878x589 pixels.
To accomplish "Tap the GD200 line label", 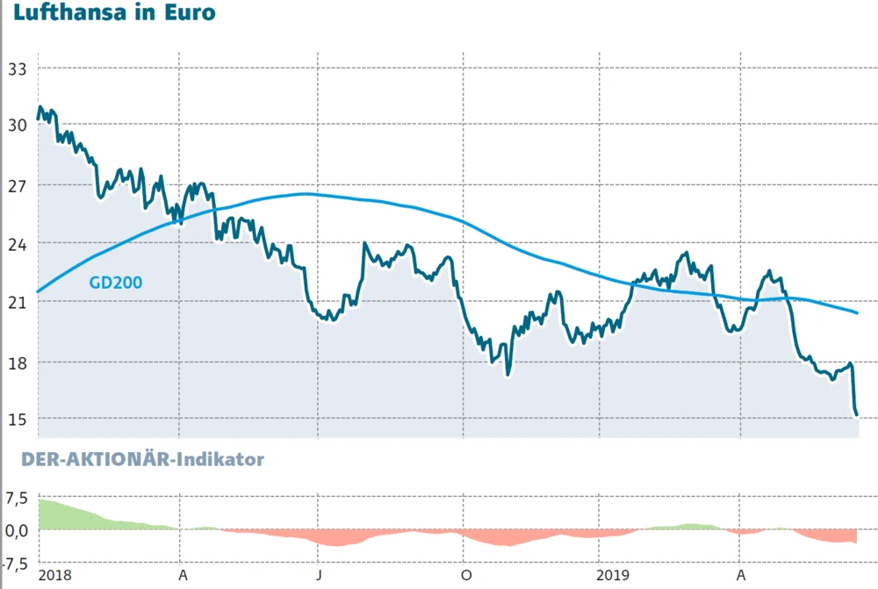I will pyautogui.click(x=115, y=282).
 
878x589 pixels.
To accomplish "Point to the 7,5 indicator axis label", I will pyautogui.click(x=18, y=499).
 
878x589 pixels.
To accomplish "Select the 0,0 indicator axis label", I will pyautogui.click(x=18, y=529).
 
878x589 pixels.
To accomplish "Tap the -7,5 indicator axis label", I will pyautogui.click(x=16, y=562).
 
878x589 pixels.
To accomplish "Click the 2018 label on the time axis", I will pyautogui.click(x=55, y=575).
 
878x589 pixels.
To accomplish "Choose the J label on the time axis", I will pyautogui.click(x=320, y=575).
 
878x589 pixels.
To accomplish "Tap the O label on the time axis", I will pyautogui.click(x=466, y=575).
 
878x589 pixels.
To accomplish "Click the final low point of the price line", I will pyautogui.click(x=856, y=415).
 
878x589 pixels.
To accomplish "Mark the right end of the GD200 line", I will pyautogui.click(x=857, y=312).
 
